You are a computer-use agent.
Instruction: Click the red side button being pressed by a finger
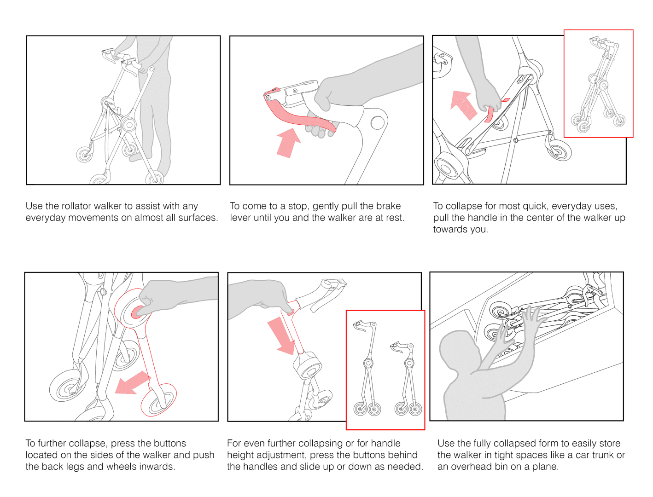click(x=137, y=312)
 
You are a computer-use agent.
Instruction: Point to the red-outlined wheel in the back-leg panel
click(x=158, y=400)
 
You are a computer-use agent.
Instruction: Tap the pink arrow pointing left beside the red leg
click(x=132, y=383)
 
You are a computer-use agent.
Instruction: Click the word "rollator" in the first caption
click(x=78, y=206)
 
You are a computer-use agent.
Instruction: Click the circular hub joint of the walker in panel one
click(x=128, y=125)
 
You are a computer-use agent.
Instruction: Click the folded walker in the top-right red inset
click(x=599, y=85)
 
